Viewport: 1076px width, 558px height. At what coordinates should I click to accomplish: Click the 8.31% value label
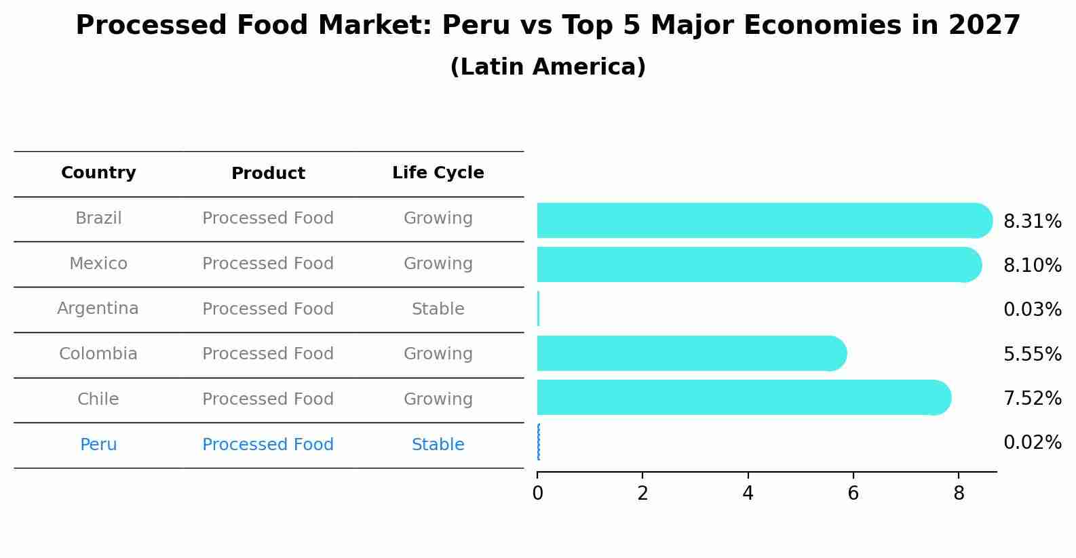pos(1032,222)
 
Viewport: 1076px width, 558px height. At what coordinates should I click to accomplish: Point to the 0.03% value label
pos(1032,310)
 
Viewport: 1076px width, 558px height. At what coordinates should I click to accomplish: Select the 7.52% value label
pos(1032,399)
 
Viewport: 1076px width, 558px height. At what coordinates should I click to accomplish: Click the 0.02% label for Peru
pos(1032,443)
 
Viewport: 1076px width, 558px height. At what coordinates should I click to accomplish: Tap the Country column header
pos(98,173)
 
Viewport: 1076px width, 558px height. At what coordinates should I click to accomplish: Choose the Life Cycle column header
pos(438,173)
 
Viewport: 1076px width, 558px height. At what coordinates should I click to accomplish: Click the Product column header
pos(268,174)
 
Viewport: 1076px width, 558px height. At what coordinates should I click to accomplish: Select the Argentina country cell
pos(98,308)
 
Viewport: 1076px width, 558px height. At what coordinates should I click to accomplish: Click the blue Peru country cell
pos(98,445)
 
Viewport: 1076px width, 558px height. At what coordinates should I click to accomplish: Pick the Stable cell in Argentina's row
pos(438,309)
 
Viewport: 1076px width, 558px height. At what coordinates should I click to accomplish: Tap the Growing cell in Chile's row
pos(438,399)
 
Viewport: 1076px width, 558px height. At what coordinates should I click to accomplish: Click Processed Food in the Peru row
pos(268,445)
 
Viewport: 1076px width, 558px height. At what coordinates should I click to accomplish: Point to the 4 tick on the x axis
pos(748,493)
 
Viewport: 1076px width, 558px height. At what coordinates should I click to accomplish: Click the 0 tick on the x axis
pos(537,493)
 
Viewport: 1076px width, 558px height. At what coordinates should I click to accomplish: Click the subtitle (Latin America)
pos(547,67)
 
